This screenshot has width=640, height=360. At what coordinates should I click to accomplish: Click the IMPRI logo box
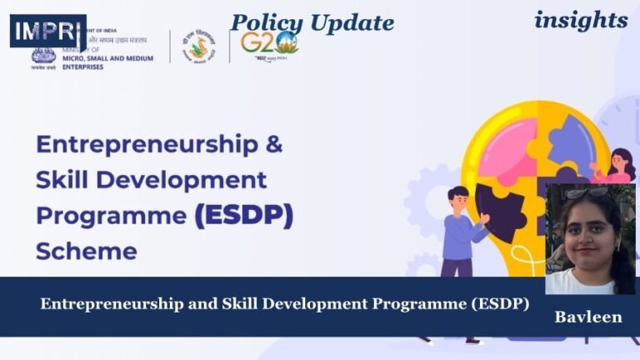click(47, 31)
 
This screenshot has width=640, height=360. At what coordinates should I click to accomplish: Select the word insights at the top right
click(581, 19)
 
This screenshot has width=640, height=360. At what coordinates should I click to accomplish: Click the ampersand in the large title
click(273, 144)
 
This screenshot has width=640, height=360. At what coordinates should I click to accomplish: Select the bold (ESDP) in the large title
click(243, 216)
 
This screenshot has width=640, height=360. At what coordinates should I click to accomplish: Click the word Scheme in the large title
click(86, 250)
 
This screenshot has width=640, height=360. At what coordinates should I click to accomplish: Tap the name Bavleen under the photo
click(588, 317)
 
